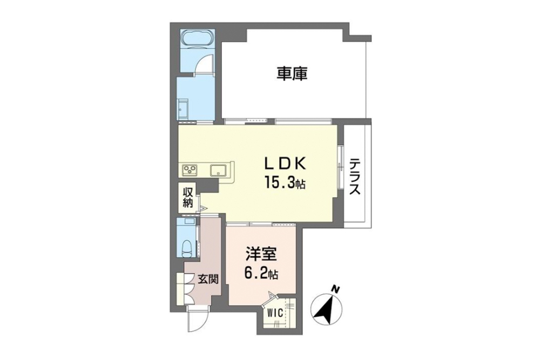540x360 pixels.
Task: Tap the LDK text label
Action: click(x=285, y=165)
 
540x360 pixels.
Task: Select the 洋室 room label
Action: click(x=261, y=255)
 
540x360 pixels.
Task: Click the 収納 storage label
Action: click(x=187, y=198)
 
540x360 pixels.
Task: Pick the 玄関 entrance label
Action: click(x=208, y=279)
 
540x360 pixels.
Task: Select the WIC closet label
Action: click(x=275, y=313)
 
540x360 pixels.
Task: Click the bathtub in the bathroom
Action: click(x=197, y=38)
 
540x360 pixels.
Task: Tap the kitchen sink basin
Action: click(x=217, y=171)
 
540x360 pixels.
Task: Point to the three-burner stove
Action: click(x=190, y=169)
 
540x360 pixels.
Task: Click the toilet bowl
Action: click(x=187, y=247)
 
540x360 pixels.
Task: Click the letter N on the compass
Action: click(x=334, y=289)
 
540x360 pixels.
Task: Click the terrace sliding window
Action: click(x=340, y=167)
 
